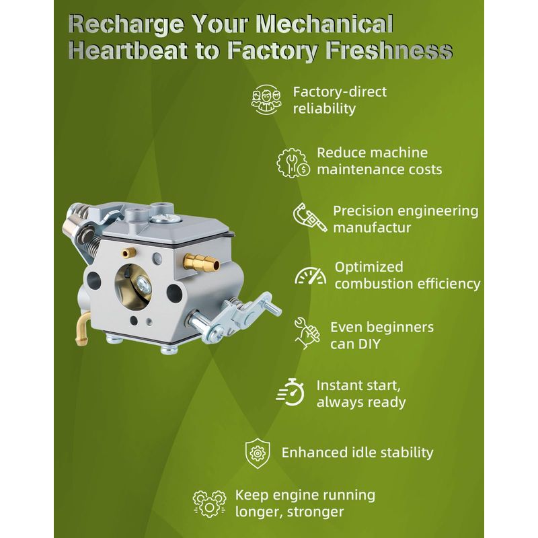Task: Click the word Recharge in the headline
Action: (126, 25)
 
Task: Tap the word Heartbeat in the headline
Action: (128, 51)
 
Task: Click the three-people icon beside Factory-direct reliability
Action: (266, 100)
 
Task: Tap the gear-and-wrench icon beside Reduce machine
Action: (293, 162)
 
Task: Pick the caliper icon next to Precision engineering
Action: (310, 218)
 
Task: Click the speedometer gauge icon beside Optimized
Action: (310, 276)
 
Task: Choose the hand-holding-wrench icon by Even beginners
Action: (307, 333)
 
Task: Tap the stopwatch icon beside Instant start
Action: (291, 392)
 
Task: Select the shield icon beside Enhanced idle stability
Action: (258, 453)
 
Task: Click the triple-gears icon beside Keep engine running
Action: (209, 503)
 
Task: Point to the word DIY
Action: (369, 344)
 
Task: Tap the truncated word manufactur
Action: (372, 228)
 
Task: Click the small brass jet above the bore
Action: (128, 254)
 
